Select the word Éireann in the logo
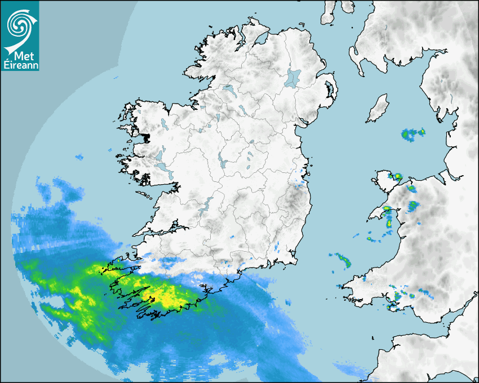point(19,65)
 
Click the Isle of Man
point(378,109)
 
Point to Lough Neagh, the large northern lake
point(292,78)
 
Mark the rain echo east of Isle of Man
point(412,134)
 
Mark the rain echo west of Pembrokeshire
point(343,260)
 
